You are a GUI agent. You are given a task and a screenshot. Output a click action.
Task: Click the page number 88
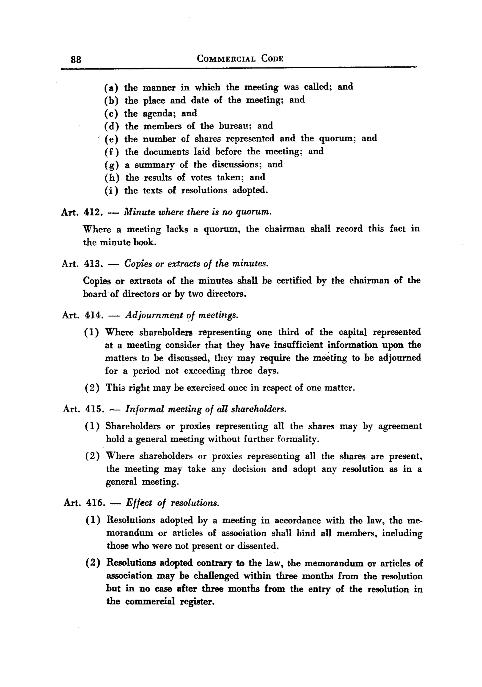[x=76, y=60]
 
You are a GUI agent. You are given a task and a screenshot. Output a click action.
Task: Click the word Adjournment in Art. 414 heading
[x=154, y=315]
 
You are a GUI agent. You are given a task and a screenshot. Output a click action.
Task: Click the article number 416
[x=95, y=503]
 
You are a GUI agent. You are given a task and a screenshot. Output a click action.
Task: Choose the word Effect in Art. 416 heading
[x=139, y=503]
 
